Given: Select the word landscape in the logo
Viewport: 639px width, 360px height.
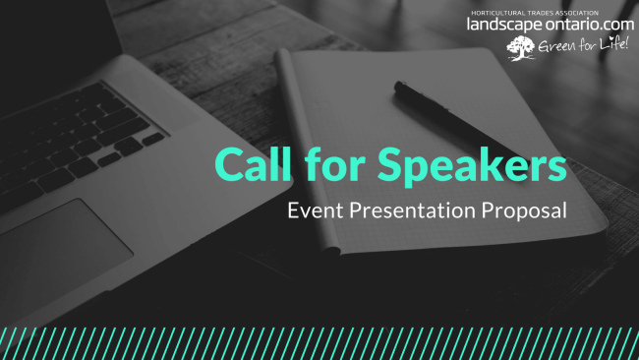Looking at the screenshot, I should (x=506, y=24).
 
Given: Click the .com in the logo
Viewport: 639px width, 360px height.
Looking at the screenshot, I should (x=618, y=24).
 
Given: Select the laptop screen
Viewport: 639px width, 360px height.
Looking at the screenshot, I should (x=29, y=39).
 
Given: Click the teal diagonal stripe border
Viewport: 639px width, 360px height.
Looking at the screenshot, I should (x=319, y=343).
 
